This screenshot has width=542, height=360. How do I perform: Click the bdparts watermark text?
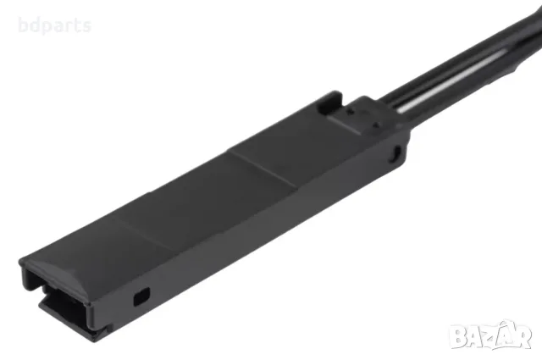tap(55, 26)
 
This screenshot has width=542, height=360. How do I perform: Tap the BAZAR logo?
tap(491, 335)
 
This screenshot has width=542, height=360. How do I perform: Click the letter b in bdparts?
tap(23, 25)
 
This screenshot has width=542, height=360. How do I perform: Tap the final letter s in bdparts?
tap(87, 26)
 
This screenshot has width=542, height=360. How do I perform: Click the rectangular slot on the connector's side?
tap(141, 296)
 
